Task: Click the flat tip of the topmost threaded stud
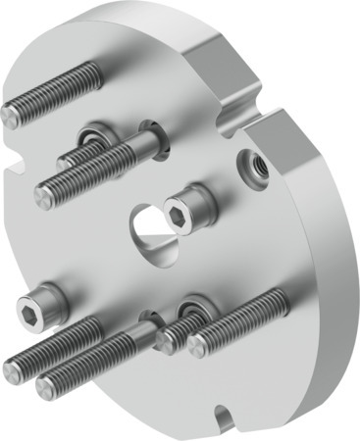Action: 11,115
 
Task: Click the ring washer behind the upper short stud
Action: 95,134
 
